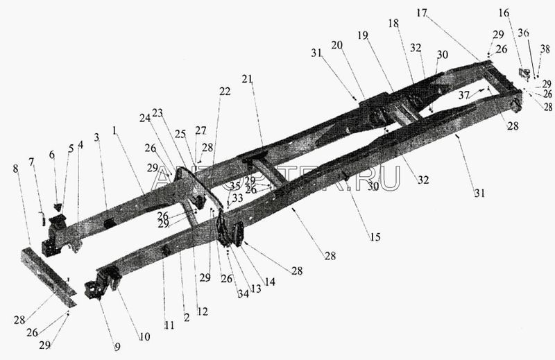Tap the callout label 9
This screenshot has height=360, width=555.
(117, 346)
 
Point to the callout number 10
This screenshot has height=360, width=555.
(144, 336)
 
